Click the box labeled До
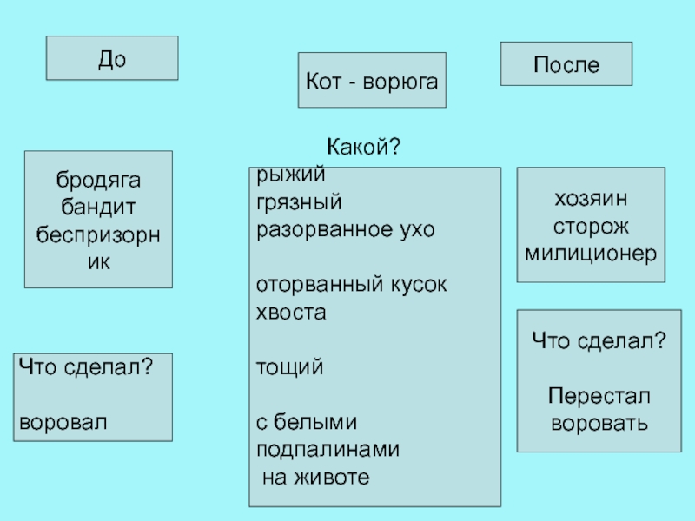pyautogui.click(x=112, y=58)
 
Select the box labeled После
pyautogui.click(x=566, y=64)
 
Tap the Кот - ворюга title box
pyautogui.click(x=371, y=81)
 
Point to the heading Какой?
pyautogui.click(x=363, y=148)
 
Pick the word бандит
pyautogui.click(x=98, y=207)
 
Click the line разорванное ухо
pyautogui.click(x=344, y=230)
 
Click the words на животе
pyautogui.click(x=315, y=477)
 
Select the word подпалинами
pyautogui.click(x=328, y=449)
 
